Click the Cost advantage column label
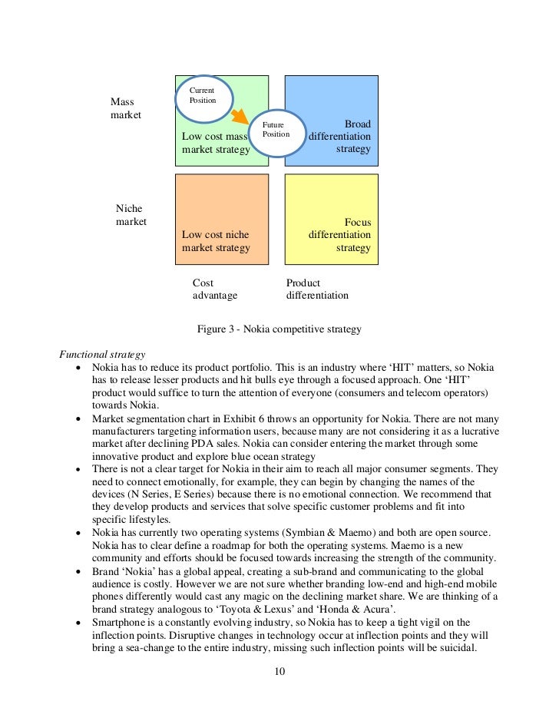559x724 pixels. (x=214, y=289)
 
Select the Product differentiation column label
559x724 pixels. (x=316, y=289)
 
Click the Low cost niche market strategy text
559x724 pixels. (x=216, y=241)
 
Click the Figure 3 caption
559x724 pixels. (x=279, y=329)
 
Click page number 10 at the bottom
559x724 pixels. (x=279, y=673)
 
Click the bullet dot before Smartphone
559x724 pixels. (x=80, y=623)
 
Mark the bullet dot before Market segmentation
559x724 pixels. (x=80, y=419)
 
